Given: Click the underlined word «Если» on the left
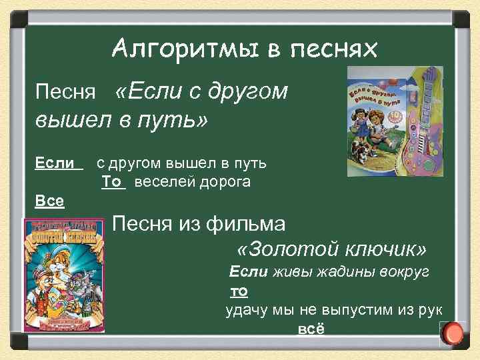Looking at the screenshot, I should coord(55,162).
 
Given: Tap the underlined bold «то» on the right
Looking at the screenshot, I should coord(239,291).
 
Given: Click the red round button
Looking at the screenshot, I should coord(454,332).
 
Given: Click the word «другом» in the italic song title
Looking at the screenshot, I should coord(249,91).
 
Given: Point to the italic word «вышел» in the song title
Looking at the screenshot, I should coord(65,121).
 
